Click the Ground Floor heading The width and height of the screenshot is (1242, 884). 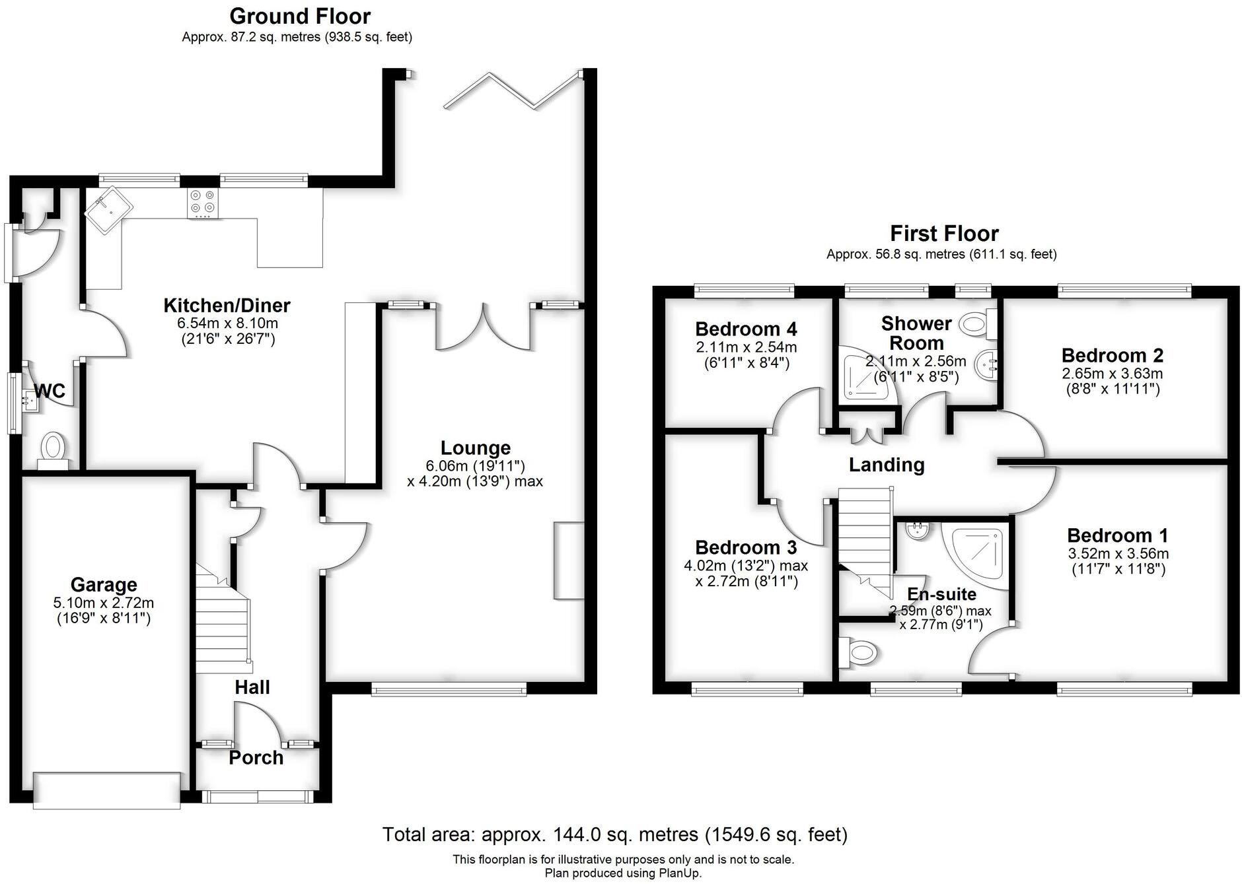[x=300, y=16]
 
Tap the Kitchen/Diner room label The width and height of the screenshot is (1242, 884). [x=227, y=306]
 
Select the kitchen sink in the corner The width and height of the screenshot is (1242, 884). [x=108, y=209]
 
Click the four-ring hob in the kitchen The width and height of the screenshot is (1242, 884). [x=203, y=203]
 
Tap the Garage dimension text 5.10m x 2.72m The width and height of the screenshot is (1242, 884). [x=104, y=603]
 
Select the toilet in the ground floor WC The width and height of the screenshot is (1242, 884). [x=52, y=448]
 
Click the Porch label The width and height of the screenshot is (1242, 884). [x=256, y=758]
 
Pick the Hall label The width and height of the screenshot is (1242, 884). [x=252, y=687]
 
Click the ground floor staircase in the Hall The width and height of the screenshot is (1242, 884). [x=223, y=621]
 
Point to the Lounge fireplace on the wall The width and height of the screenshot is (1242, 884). [x=569, y=561]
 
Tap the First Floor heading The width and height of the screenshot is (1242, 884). [x=943, y=233]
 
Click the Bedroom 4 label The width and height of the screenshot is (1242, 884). [x=746, y=329]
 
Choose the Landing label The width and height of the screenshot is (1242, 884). [x=886, y=465]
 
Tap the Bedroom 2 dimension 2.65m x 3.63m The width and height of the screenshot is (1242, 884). [x=1112, y=374]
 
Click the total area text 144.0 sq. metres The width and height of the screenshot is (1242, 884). [x=614, y=834]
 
